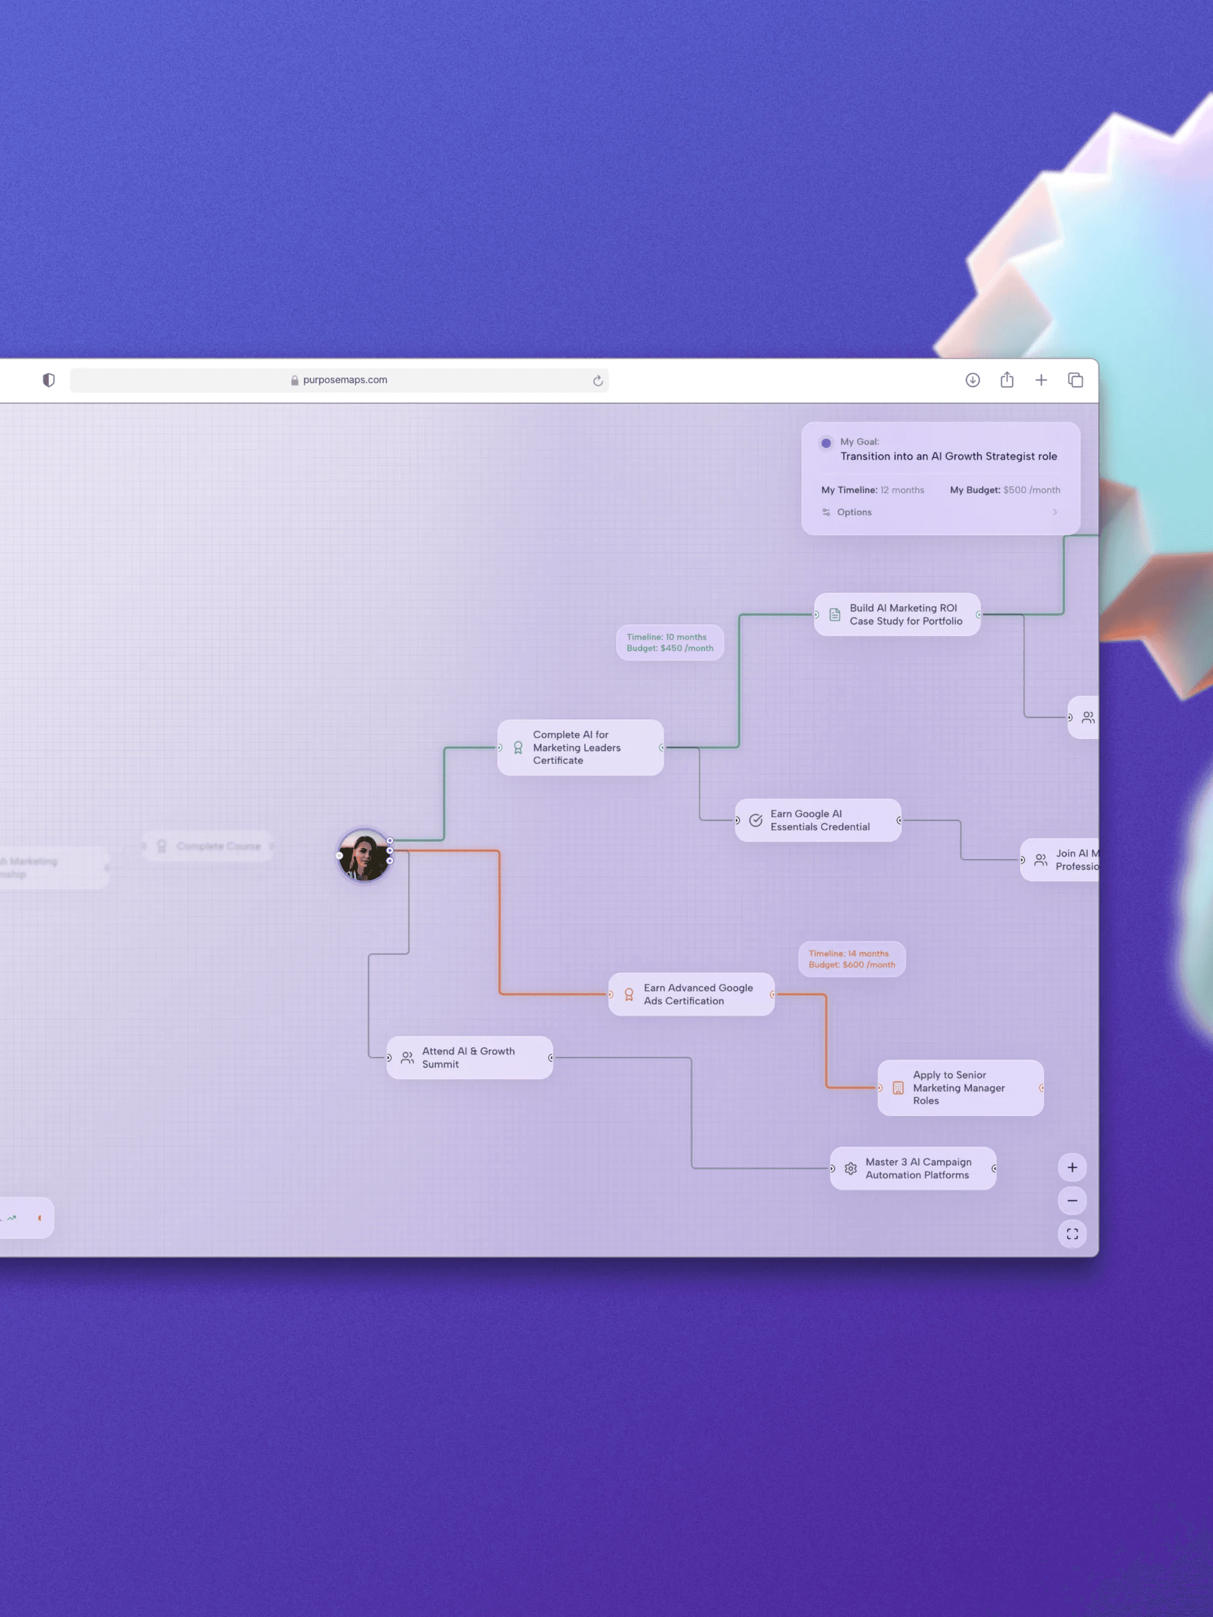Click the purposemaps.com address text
pos(345,380)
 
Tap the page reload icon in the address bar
pos(598,381)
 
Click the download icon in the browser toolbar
pos(972,380)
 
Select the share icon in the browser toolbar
pos(1007,380)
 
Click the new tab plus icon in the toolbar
pos(1041,380)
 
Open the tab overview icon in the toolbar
pos(1075,380)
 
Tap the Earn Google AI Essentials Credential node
pos(818,820)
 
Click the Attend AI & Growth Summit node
pos(469,1058)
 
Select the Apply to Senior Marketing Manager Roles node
pos(960,1088)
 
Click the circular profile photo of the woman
pos(364,855)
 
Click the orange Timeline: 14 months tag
pos(852,959)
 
